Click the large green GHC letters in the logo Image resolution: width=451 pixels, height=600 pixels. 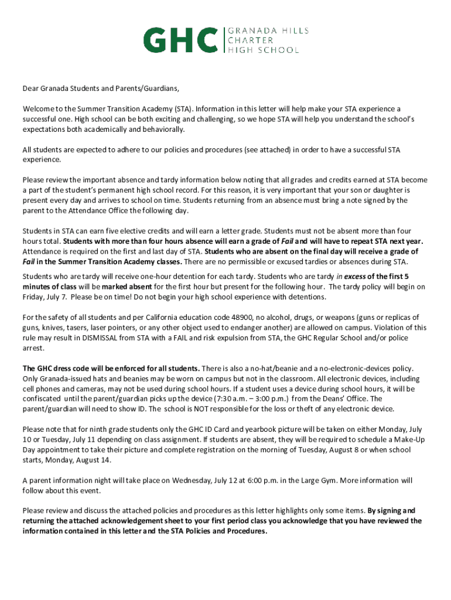pos(181,40)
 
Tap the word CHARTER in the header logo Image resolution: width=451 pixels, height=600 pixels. pos(250,40)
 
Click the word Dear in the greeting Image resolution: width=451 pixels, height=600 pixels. pos(32,89)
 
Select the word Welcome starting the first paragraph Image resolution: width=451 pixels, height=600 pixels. pos(39,109)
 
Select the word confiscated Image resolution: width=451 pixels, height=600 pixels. pos(45,398)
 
